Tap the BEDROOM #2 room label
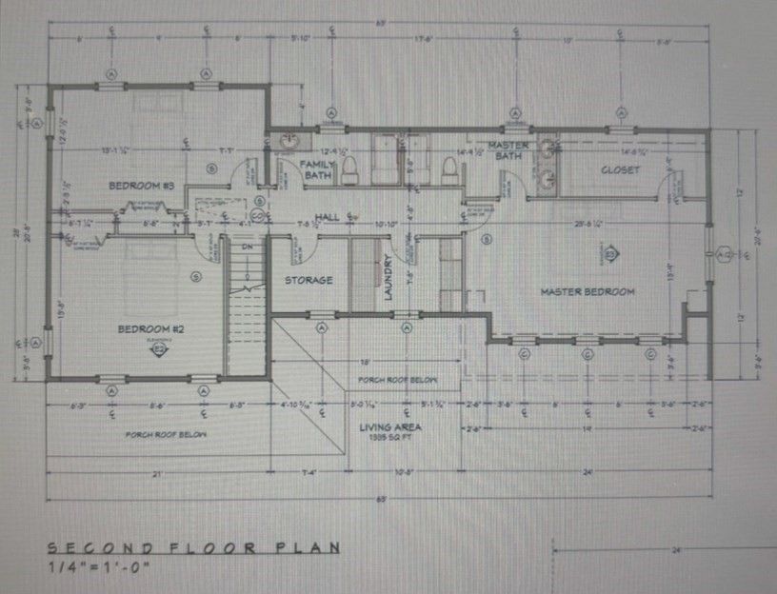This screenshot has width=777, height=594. (149, 329)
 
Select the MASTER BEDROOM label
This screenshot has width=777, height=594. (588, 291)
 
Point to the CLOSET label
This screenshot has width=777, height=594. (620, 170)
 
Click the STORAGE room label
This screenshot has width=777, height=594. (309, 281)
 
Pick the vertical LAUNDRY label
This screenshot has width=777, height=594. (389, 279)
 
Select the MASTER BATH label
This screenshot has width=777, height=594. (508, 150)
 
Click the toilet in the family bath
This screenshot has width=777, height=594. (349, 169)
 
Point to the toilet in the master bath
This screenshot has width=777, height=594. (448, 168)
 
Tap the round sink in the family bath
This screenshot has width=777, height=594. (289, 143)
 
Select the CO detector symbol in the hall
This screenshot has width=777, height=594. (260, 202)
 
